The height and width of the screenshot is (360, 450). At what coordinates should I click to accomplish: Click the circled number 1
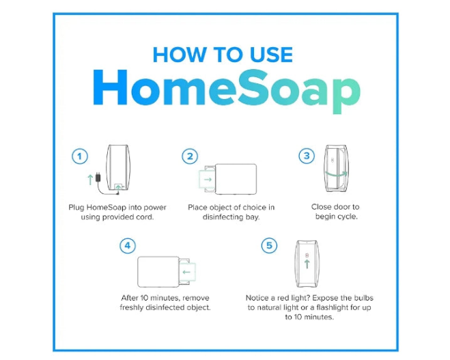(79, 156)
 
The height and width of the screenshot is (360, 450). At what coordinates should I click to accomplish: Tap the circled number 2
(190, 156)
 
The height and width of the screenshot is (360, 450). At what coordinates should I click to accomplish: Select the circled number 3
(307, 156)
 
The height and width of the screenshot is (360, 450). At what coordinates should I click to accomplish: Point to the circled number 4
(128, 246)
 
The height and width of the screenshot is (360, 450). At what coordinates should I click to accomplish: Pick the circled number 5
(269, 245)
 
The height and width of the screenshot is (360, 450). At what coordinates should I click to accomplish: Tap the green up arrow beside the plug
(90, 180)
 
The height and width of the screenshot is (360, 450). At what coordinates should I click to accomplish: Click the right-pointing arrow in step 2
(208, 180)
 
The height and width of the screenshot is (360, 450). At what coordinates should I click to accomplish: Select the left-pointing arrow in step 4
(186, 272)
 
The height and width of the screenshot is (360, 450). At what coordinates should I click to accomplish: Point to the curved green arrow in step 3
(336, 174)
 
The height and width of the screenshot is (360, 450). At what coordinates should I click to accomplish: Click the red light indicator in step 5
(307, 255)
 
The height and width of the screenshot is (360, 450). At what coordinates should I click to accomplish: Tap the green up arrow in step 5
(307, 264)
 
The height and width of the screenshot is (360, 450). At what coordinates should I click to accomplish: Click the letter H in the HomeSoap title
(110, 87)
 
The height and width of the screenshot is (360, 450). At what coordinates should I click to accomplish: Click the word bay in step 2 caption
(252, 217)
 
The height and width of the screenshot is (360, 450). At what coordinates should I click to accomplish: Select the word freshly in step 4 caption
(131, 307)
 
